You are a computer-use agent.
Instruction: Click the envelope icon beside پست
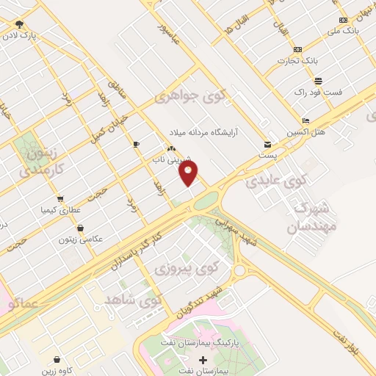click(x=267, y=144)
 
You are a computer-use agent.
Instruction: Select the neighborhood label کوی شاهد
click(x=132, y=300)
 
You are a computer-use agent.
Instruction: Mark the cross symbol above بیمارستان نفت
click(x=203, y=359)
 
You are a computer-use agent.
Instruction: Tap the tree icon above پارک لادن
click(x=19, y=23)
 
